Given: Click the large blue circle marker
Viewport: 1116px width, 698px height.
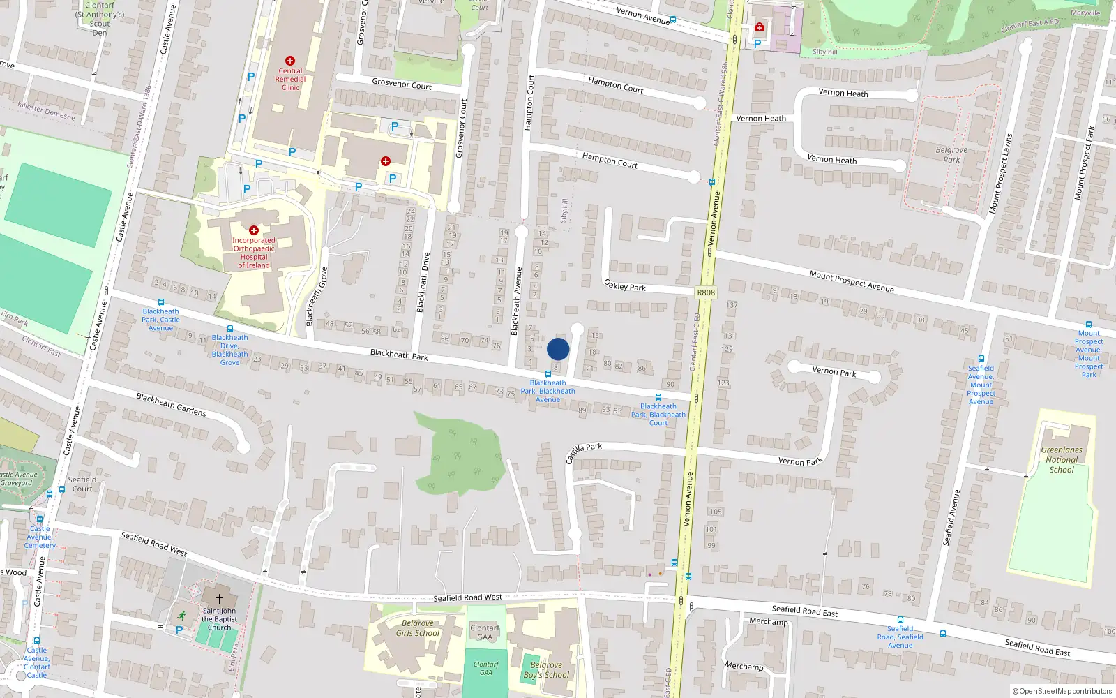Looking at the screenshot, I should point(558,349).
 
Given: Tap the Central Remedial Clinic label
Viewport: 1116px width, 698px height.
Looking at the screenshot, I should point(290,79).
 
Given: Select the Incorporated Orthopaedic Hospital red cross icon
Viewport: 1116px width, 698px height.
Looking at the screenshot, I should point(254,230).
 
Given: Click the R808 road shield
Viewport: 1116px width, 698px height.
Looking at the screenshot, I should point(705,292).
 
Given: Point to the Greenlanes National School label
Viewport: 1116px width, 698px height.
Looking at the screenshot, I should point(1062,460).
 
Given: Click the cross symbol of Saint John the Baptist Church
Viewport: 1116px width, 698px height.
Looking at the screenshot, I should point(219,599).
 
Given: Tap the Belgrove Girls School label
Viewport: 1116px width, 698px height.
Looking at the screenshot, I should point(418,628).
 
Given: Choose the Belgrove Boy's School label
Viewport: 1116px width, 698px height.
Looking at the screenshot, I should point(546,670).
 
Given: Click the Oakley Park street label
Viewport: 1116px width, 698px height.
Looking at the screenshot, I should point(625,285).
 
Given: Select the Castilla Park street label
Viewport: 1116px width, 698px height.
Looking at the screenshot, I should point(583,452).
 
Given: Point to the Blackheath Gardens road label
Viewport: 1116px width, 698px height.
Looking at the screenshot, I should point(171,405).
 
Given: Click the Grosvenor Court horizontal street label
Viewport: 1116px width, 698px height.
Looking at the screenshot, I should point(402,84).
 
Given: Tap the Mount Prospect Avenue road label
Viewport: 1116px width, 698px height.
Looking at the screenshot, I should point(852,281).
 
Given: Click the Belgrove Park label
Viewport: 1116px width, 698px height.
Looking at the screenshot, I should point(951,154).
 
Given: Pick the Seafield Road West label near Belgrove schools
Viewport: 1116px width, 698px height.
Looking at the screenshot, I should point(467,597).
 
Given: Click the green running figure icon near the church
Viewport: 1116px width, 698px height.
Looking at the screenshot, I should point(182,616).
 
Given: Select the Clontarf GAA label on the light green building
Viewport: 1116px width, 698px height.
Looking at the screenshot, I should point(485,632).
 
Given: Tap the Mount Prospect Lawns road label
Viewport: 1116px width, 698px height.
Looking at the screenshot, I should point(1000,174).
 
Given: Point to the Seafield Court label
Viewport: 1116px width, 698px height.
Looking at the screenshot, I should point(82,484).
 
